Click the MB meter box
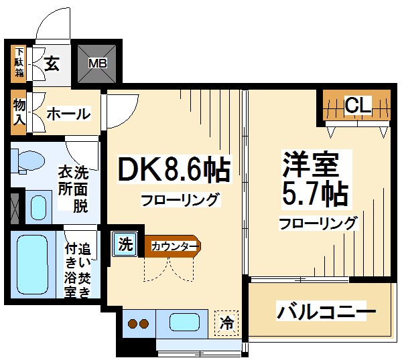[x=97, y=64]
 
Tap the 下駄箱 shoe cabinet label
[x=19, y=63]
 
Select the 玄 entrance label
[x=52, y=64]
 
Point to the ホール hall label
[x=68, y=114]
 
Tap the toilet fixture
[x=28, y=161]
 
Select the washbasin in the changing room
[x=38, y=207]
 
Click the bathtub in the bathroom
[x=32, y=264]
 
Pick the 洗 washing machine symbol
[x=125, y=244]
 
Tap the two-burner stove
[x=139, y=324]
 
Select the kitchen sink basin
[x=185, y=322]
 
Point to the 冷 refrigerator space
[x=226, y=323]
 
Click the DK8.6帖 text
[x=174, y=169]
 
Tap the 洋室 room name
[x=310, y=164]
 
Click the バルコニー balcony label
[x=326, y=311]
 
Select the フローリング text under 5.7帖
[x=318, y=223]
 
